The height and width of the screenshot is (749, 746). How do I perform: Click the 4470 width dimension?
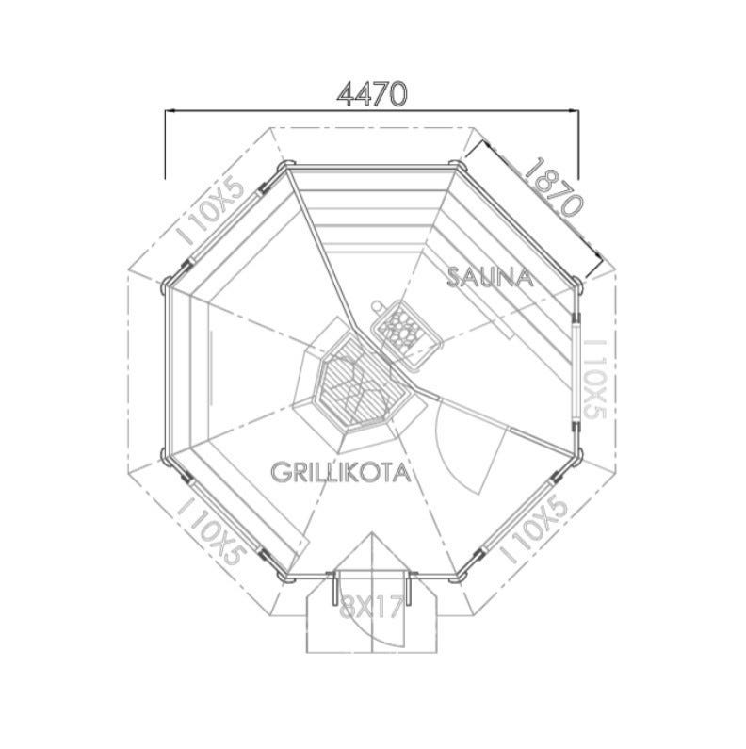[x=372, y=94]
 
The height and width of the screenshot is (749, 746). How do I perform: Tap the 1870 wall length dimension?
[x=554, y=187]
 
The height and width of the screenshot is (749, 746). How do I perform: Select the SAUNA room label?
[x=490, y=278]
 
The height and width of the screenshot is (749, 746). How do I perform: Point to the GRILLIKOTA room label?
[x=341, y=472]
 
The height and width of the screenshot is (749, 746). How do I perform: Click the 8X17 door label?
[x=371, y=608]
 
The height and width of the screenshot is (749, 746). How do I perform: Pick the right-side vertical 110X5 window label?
[x=595, y=379]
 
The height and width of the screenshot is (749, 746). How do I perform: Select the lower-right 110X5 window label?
[x=534, y=530]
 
